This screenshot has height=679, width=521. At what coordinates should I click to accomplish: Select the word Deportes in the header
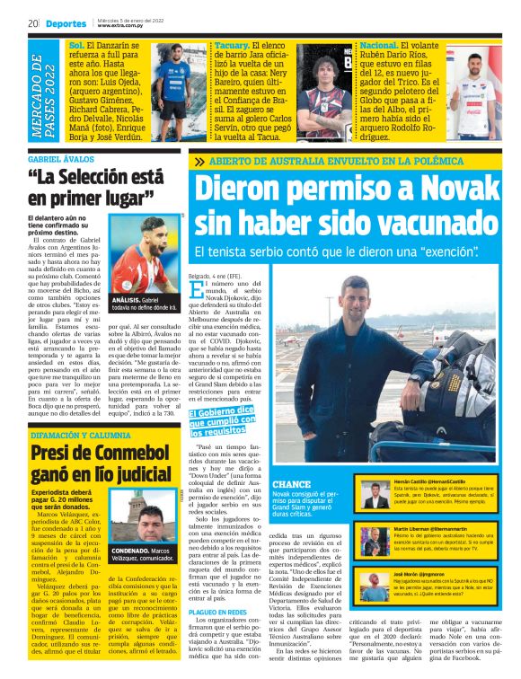66,23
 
